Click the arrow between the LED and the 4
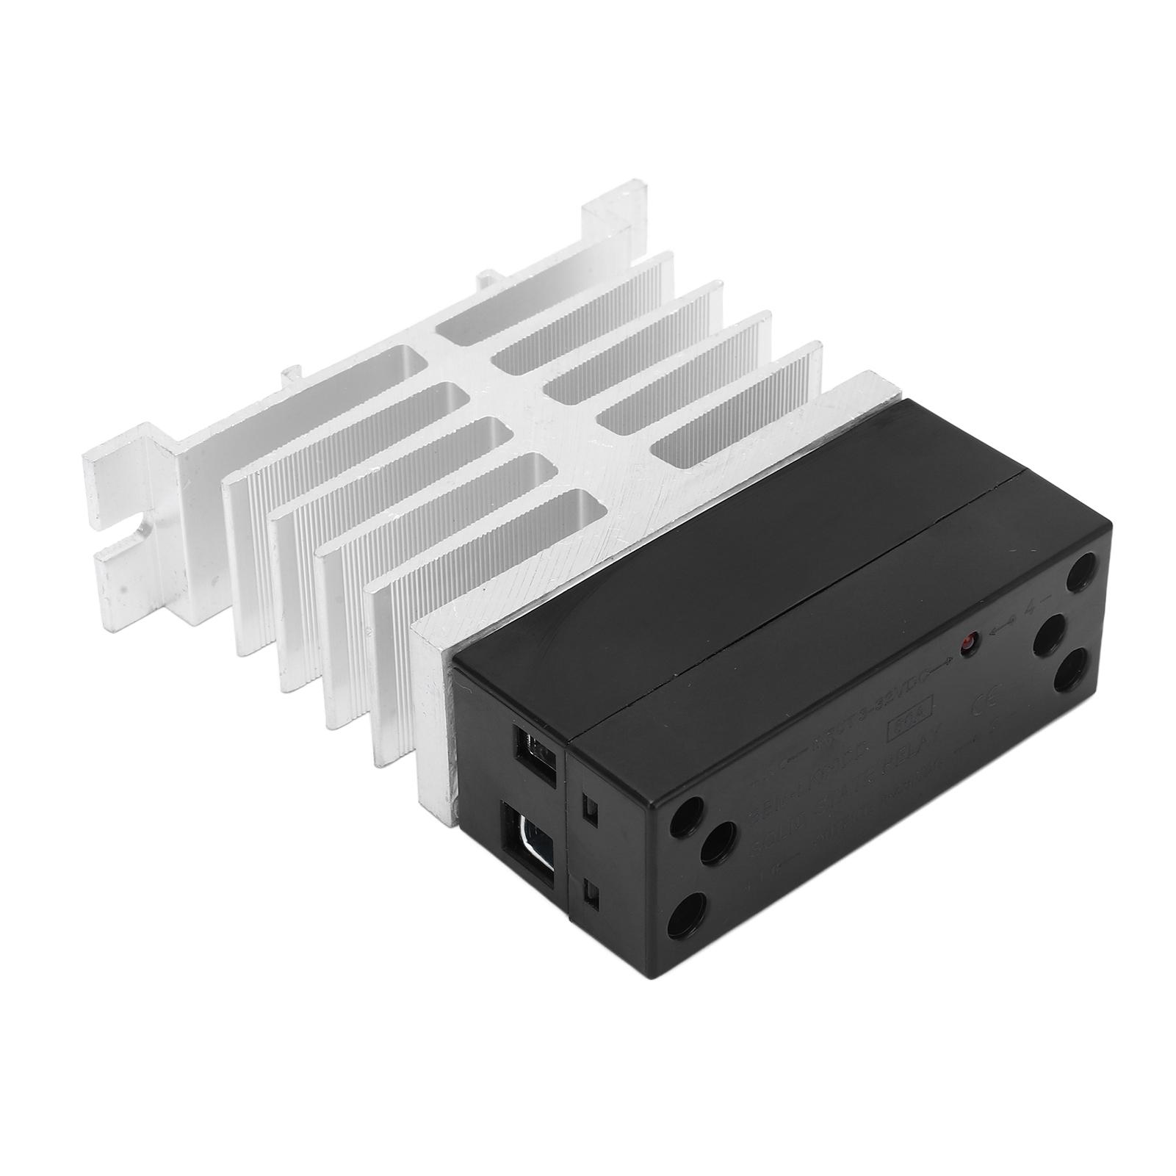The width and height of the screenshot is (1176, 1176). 1003,627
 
